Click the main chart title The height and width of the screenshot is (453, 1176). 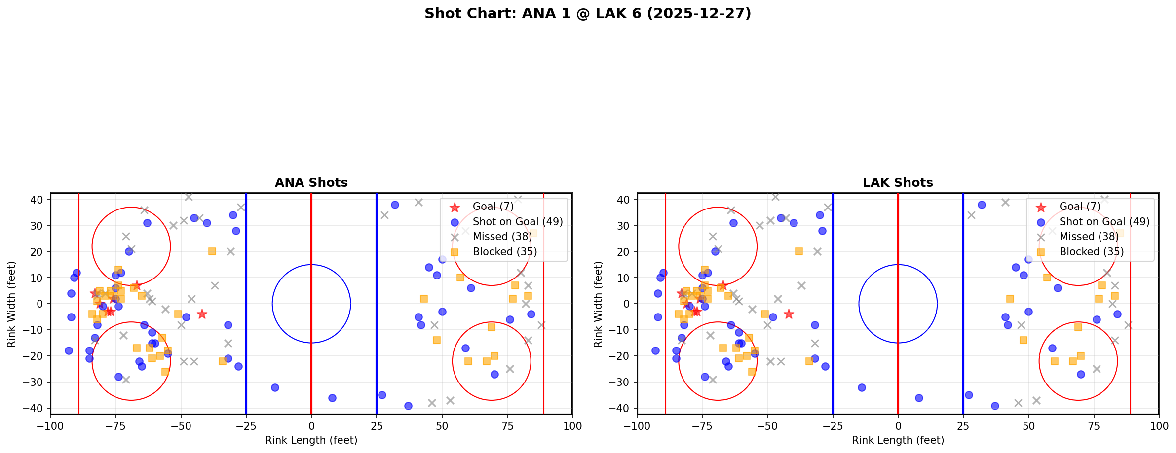[x=588, y=13]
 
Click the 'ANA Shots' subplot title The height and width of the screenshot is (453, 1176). [x=311, y=183]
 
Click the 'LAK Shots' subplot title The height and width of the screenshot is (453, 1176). [x=898, y=183]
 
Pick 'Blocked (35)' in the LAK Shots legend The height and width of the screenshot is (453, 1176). [x=1091, y=252]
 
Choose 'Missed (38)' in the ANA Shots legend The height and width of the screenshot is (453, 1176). [x=502, y=237]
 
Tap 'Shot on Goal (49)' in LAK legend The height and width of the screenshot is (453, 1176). [x=1104, y=222]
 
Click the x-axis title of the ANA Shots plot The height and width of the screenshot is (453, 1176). [x=311, y=440]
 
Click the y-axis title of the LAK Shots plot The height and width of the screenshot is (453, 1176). [x=598, y=304]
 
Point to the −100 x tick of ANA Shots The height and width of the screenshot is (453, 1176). [x=50, y=426]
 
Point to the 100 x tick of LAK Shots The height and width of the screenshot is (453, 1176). [x=1158, y=426]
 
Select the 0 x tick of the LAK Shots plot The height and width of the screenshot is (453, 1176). [x=898, y=426]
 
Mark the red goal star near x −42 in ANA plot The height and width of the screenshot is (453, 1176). [x=202, y=314]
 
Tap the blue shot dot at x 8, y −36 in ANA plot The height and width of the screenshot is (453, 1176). [x=332, y=398]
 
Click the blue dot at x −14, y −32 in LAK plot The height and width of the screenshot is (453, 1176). [x=862, y=387]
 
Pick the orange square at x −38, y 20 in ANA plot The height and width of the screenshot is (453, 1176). [x=212, y=251]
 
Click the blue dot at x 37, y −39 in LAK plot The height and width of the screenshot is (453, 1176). [x=995, y=406]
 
